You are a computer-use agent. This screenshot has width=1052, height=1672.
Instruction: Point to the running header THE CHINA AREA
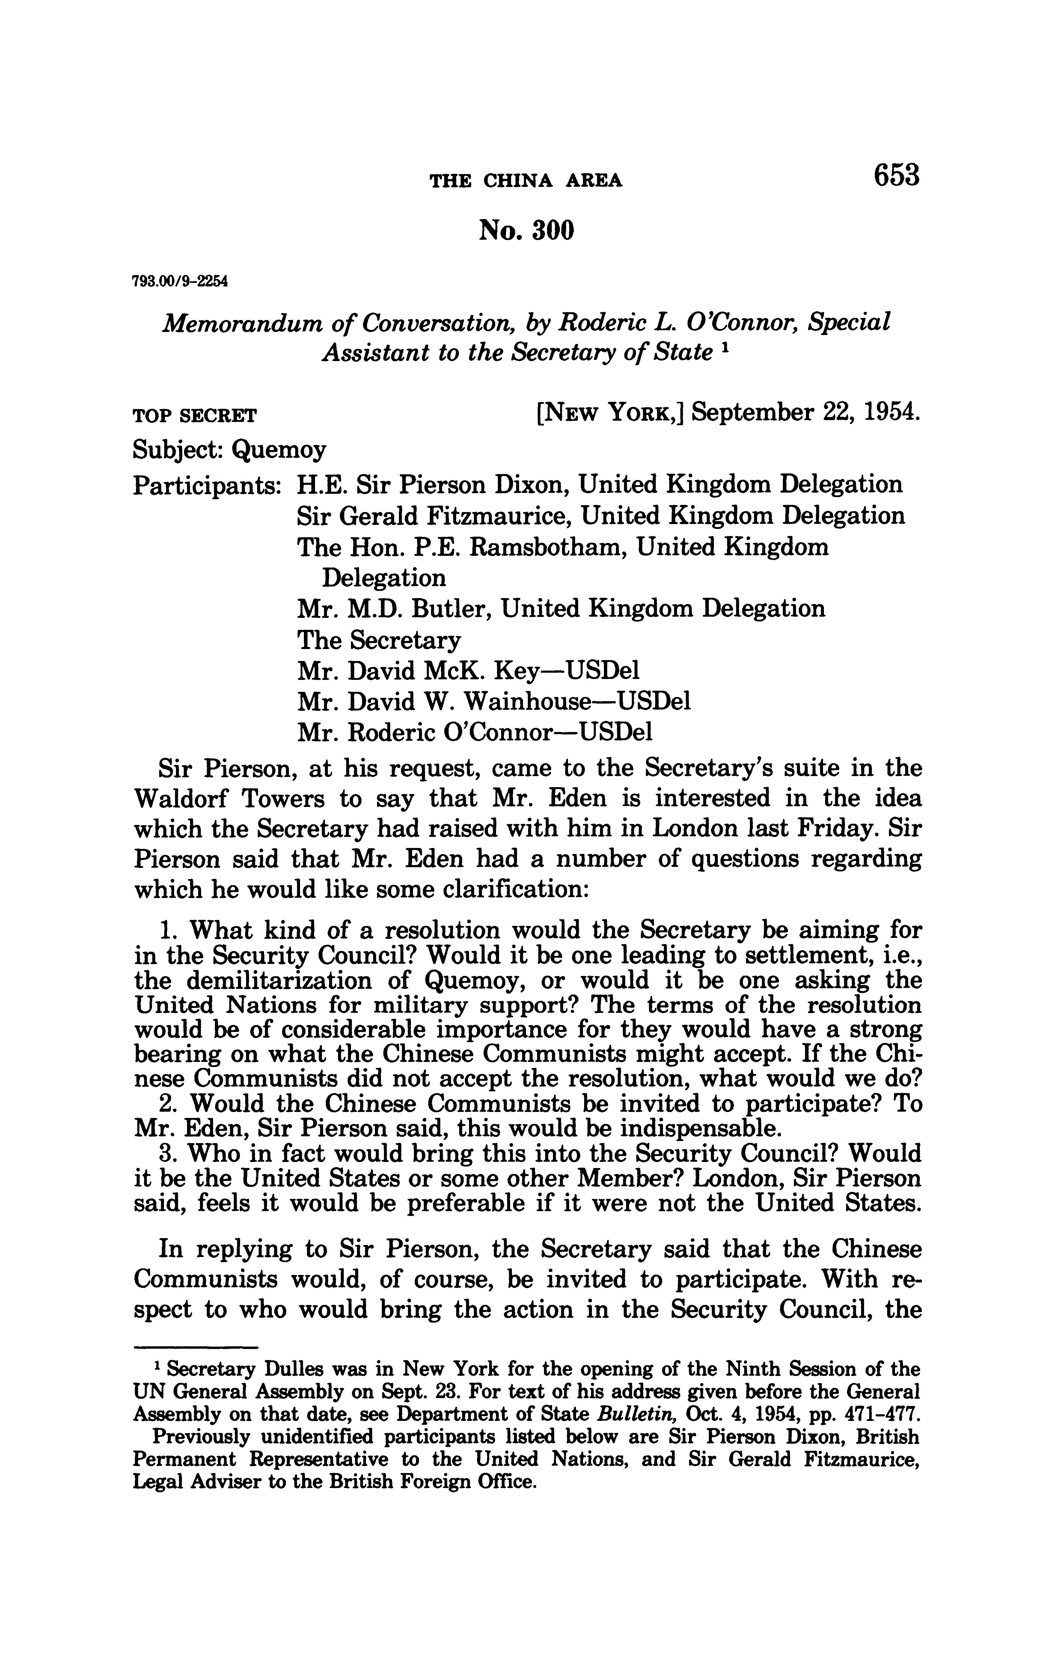point(526,181)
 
